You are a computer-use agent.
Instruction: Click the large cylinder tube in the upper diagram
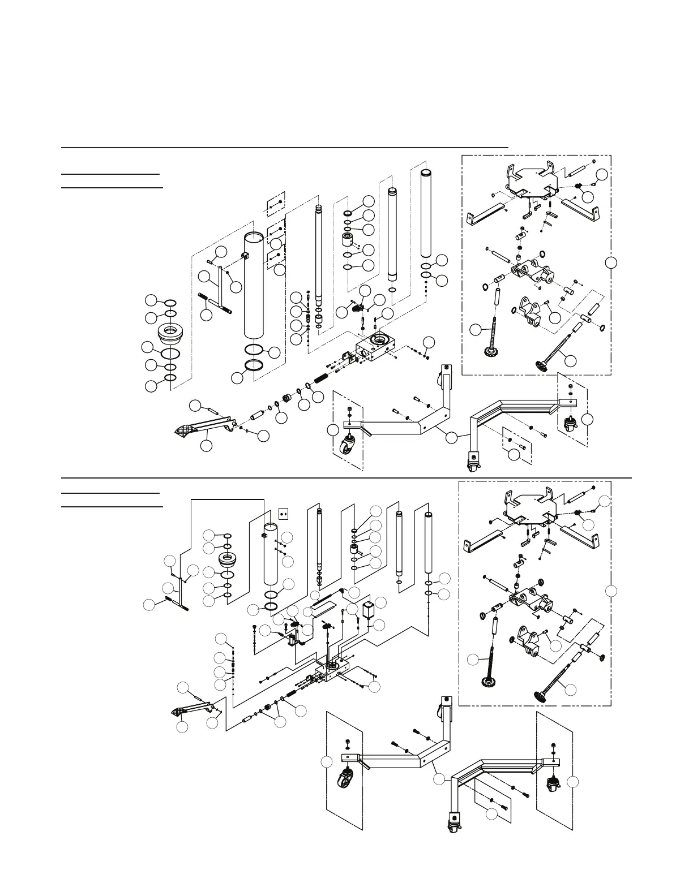(255, 288)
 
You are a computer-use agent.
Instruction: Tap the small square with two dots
(285, 514)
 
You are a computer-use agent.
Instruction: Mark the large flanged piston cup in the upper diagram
(170, 334)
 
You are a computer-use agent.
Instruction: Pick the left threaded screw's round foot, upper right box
(488, 354)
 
